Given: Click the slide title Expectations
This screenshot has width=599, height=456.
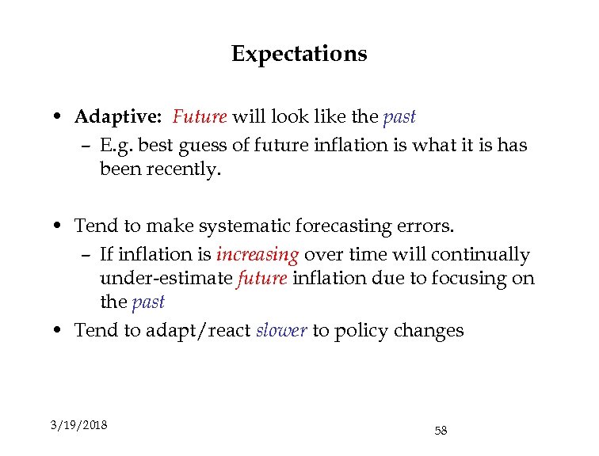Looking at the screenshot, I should pos(299,54).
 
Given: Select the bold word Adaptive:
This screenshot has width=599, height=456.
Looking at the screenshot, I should pos(118,117).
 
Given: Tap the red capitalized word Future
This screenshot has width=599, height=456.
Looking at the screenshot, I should pos(200,117).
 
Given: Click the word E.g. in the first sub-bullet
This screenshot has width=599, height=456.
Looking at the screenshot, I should pos(116,146).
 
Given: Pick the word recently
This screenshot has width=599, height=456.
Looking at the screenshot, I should pos(181,169).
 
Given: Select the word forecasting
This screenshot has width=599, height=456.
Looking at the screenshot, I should pos(347,227).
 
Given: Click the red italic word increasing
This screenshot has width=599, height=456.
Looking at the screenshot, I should pos(258,255).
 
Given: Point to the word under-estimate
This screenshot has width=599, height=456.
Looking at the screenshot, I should pos(166,279).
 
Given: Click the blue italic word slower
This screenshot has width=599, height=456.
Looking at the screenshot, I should pos(281,330).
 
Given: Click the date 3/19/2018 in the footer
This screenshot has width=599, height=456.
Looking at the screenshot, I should pos(78,425).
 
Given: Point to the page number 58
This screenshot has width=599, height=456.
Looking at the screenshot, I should pos(441,431).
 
